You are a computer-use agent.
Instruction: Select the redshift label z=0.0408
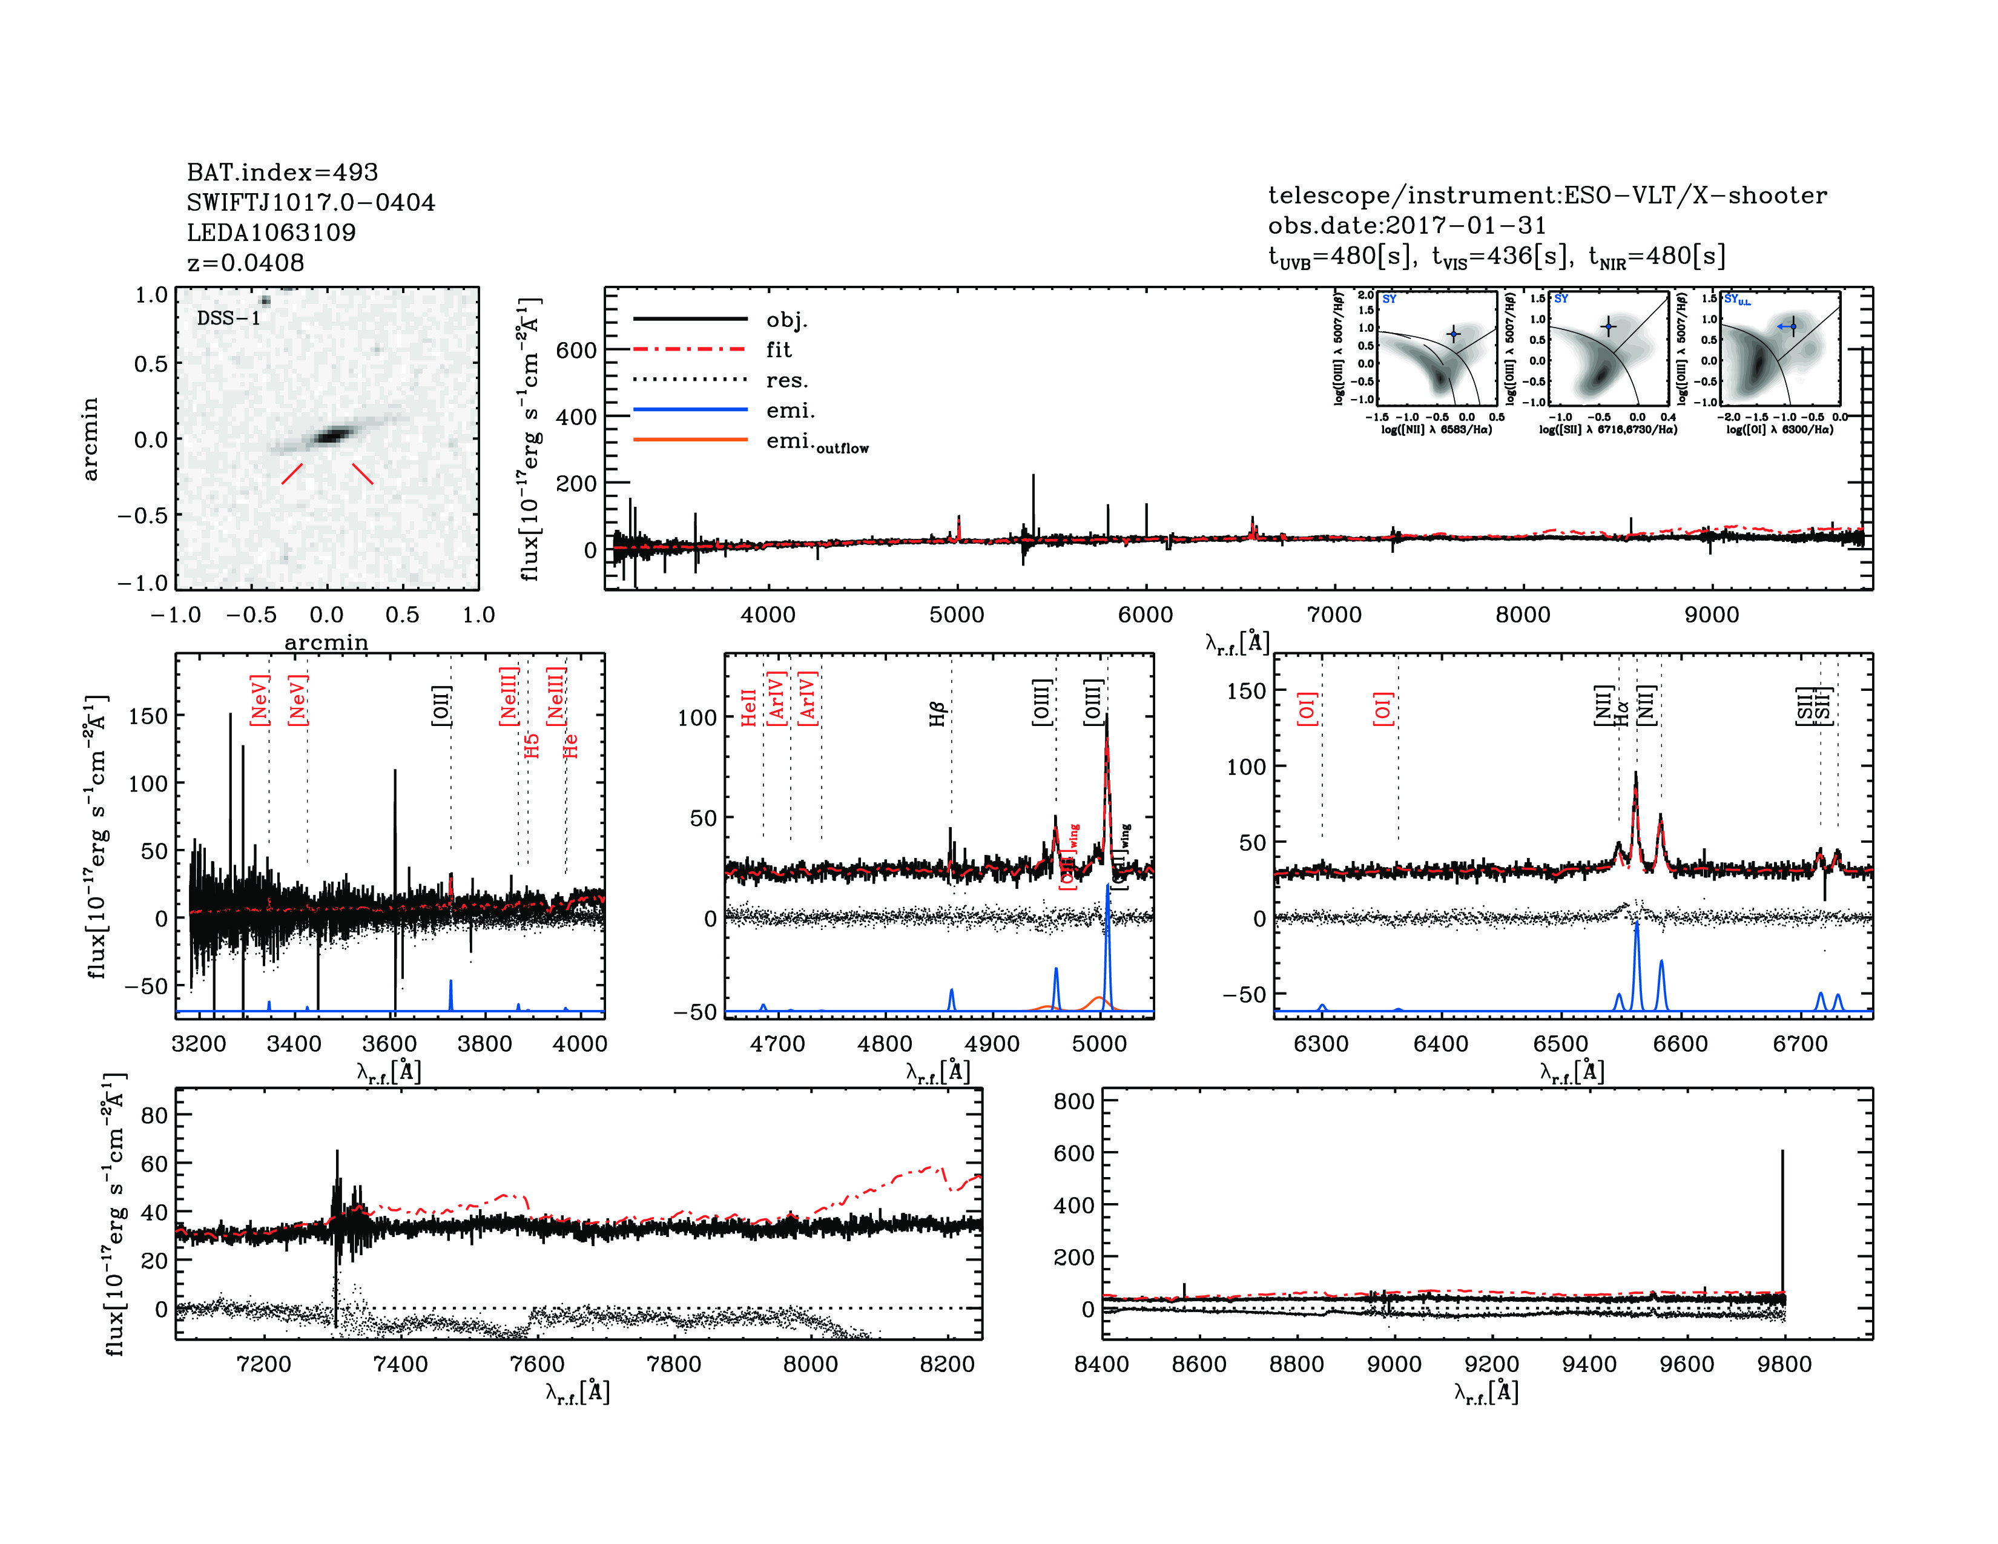coord(245,263)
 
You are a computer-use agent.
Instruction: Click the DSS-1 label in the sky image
coord(229,318)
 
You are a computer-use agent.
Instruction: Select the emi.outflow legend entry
coord(817,442)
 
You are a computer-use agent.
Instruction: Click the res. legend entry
coord(786,380)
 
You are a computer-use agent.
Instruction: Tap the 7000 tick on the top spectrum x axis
coord(1334,615)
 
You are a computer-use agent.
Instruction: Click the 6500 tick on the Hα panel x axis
coord(1561,1044)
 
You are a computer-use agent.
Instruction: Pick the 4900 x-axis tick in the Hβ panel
coord(992,1044)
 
